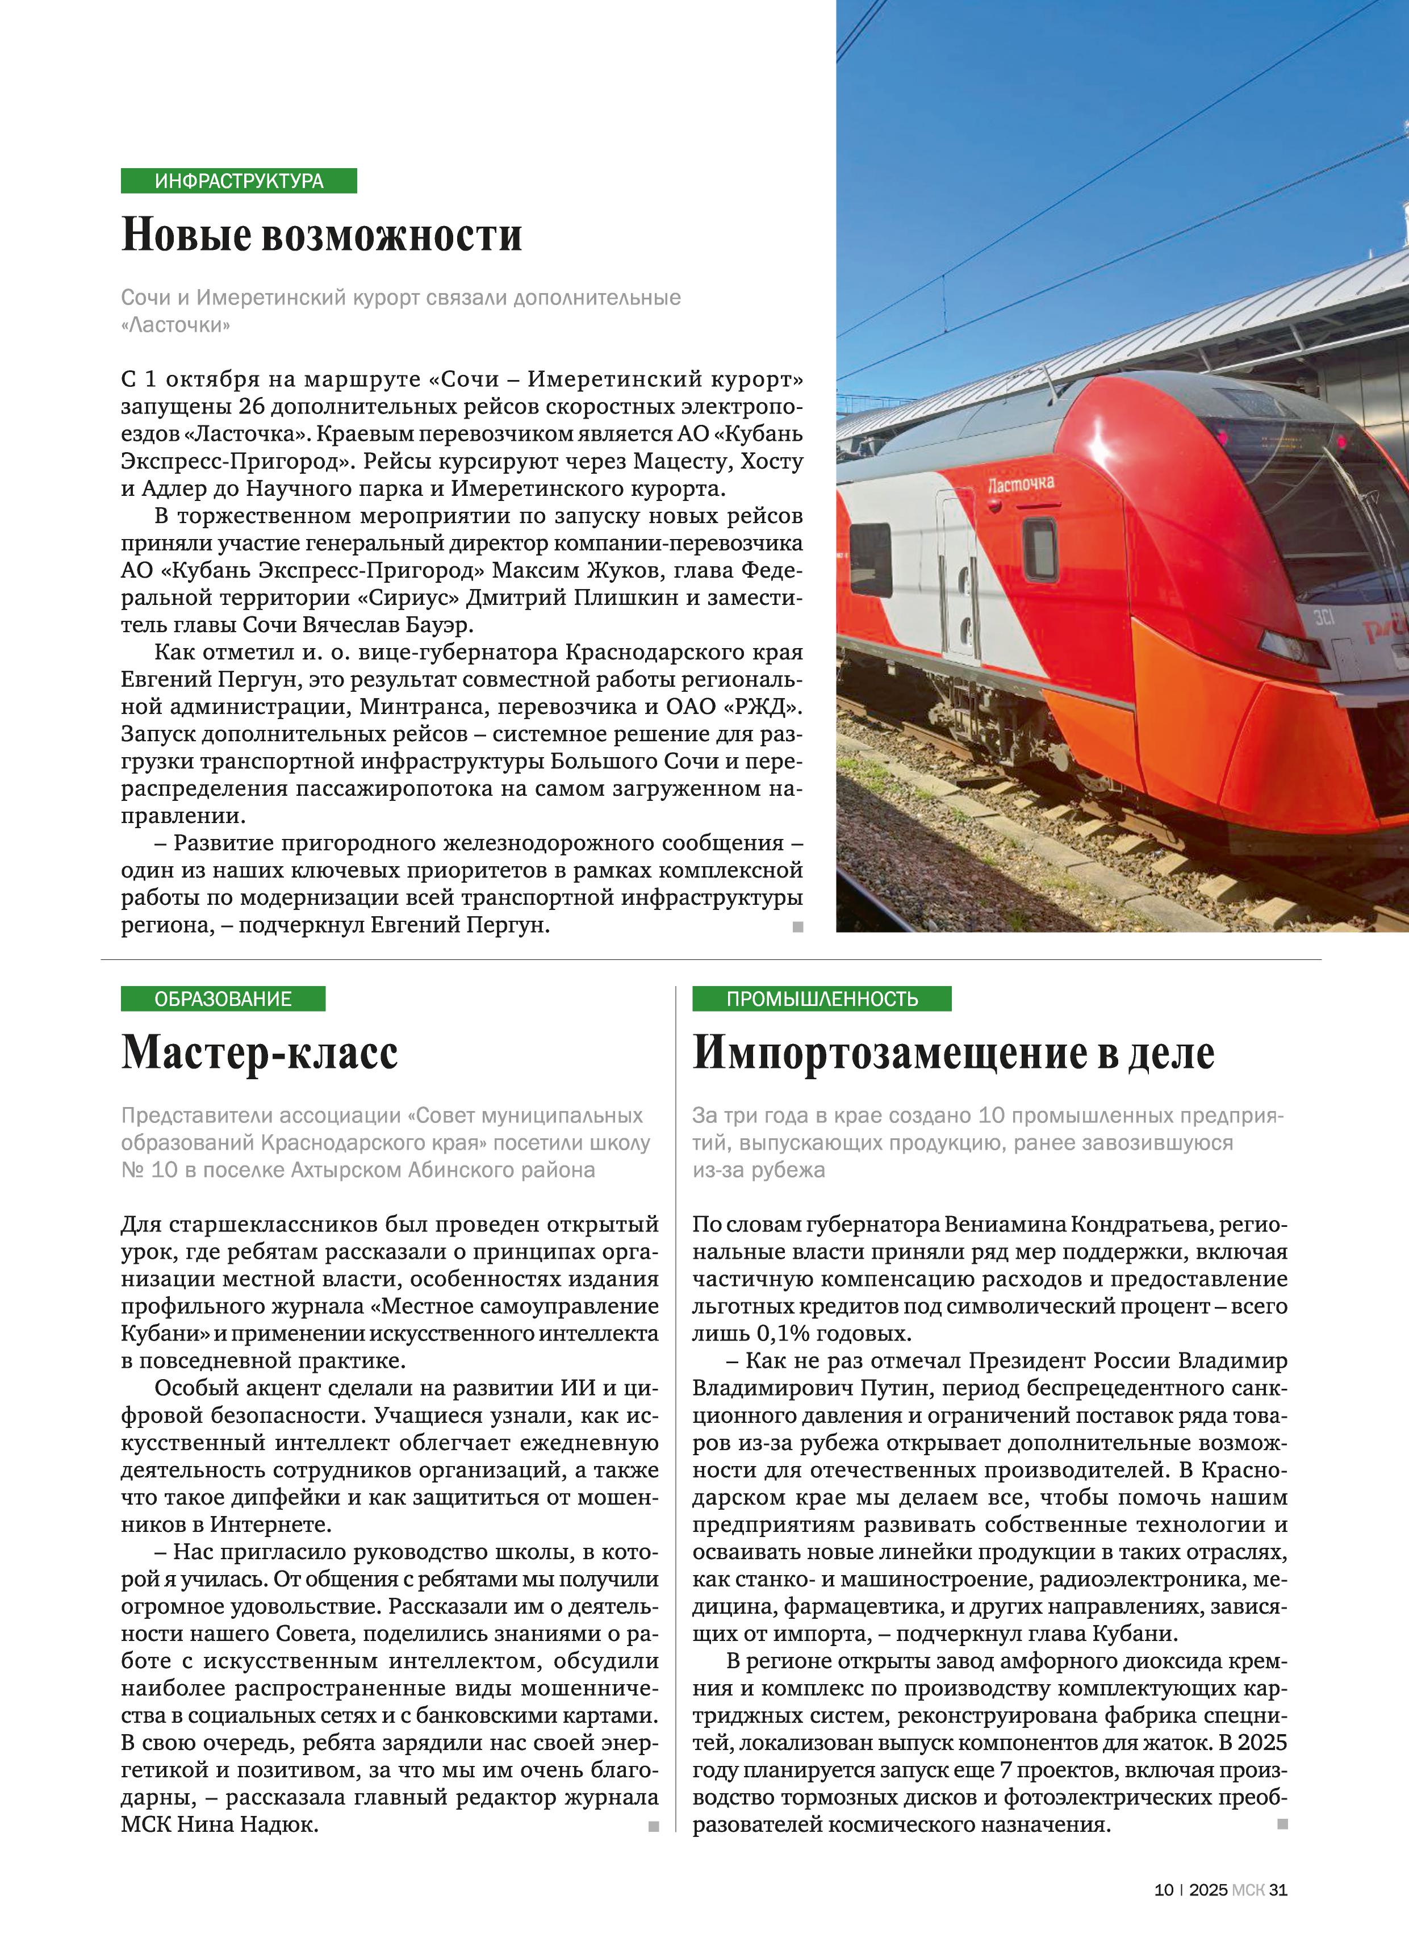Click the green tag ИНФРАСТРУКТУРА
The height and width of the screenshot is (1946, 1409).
click(239, 181)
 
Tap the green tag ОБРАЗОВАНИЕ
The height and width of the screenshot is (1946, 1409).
click(223, 999)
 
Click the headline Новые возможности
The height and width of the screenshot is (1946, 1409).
click(322, 234)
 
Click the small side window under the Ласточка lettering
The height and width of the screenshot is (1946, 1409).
click(1039, 549)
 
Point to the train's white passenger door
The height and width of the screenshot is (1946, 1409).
click(959, 575)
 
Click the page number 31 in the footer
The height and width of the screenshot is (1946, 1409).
click(1278, 1889)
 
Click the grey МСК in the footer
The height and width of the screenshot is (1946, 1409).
click(1248, 1889)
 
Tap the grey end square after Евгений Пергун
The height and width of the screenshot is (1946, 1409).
click(798, 926)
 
